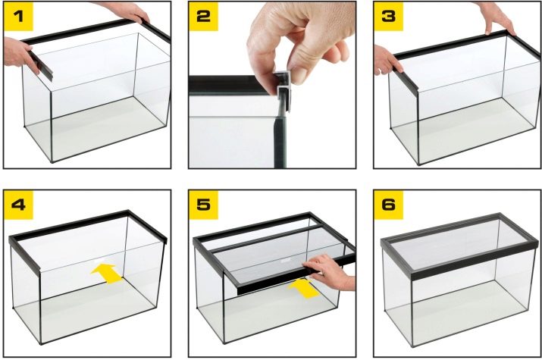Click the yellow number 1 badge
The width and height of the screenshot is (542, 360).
[x=18, y=16]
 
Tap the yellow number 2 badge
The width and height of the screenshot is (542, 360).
[x=203, y=16]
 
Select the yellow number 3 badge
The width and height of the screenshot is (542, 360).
[x=388, y=16]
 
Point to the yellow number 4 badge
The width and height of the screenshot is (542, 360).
[x=18, y=205]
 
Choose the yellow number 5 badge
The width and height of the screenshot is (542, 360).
[x=203, y=205]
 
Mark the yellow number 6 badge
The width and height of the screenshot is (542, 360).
[x=388, y=205]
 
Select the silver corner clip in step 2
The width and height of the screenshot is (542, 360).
[x=284, y=90]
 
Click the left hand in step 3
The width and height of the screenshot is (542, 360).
[x=387, y=60]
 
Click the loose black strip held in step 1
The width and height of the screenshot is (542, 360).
[x=41, y=67]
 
